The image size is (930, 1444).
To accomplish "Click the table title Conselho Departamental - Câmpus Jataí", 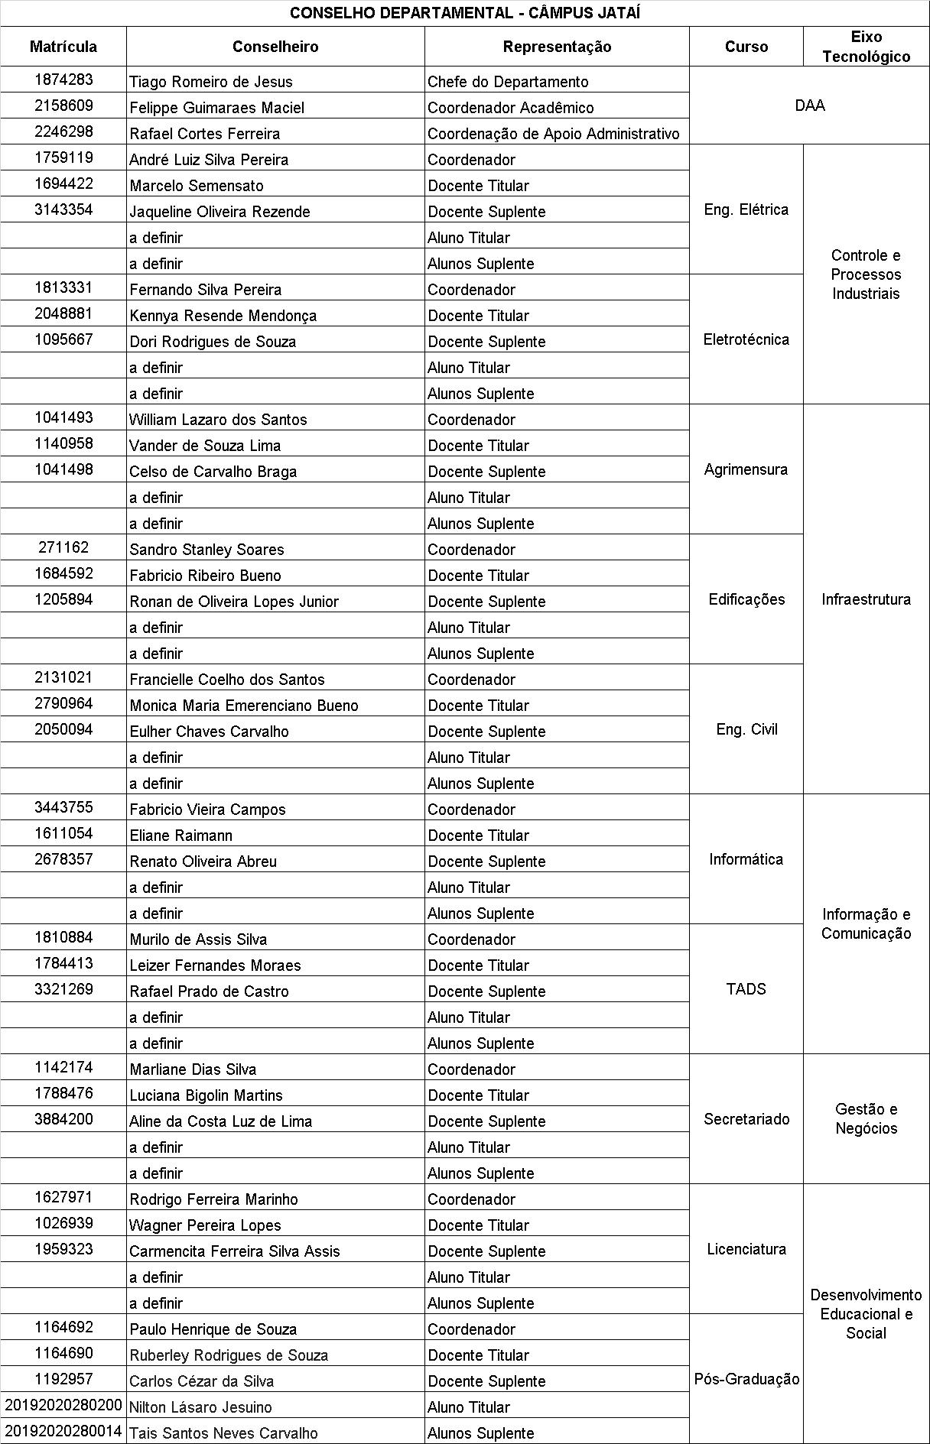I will [x=465, y=13].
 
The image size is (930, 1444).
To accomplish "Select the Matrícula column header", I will [x=63, y=47].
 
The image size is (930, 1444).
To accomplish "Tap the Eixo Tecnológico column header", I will [x=866, y=47].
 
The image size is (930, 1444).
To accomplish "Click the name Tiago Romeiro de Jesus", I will [x=211, y=82].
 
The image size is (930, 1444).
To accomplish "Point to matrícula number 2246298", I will [x=63, y=131].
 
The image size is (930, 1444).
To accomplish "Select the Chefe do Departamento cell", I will [x=508, y=82].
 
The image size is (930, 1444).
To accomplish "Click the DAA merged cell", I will [x=809, y=105].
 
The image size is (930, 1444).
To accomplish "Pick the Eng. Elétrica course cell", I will [x=746, y=209].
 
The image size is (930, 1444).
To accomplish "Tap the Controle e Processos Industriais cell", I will [x=866, y=274].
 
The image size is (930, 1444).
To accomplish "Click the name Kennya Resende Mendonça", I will [x=223, y=316].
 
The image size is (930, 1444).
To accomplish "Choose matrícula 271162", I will [x=63, y=547].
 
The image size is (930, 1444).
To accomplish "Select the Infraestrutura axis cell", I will [x=866, y=599].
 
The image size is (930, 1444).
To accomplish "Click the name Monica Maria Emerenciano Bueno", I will [x=244, y=706].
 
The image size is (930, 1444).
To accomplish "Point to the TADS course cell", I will [x=746, y=989].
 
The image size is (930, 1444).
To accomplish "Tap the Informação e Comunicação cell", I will [x=866, y=923].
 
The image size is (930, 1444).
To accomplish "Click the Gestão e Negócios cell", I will [x=866, y=1118].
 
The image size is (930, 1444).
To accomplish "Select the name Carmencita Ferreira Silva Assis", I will [x=235, y=1251].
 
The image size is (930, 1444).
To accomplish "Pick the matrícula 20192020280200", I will [x=63, y=1405].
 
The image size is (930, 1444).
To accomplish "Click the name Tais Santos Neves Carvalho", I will [x=223, y=1433].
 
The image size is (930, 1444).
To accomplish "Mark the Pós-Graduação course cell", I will [x=746, y=1379].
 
